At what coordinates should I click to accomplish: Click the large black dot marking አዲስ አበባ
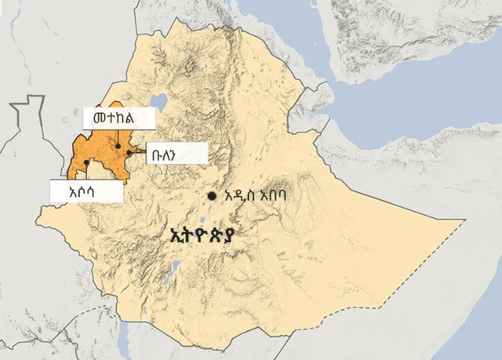coord(212,195)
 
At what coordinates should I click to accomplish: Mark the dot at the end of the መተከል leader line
coord(118,146)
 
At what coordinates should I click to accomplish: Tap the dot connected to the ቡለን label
coord(129,153)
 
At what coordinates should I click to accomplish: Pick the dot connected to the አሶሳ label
coord(86,162)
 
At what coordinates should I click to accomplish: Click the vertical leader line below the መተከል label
coord(118,137)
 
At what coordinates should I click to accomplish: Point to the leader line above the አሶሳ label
coord(86,172)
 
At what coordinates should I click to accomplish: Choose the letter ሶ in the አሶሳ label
coord(85,191)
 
